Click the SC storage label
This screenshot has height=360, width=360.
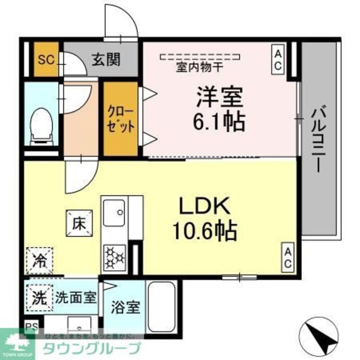pos(46,59)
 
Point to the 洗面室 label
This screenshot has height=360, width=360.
pos(76,298)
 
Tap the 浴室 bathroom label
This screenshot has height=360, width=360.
pos(125,307)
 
